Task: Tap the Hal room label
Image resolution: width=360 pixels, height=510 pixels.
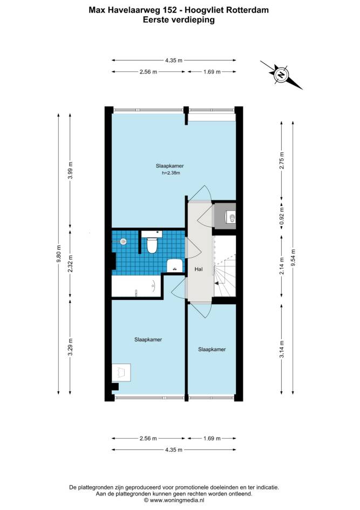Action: [x=199, y=269]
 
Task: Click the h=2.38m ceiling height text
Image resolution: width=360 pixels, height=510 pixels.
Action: [x=171, y=173]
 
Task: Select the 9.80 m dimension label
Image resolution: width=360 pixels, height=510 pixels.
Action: [x=58, y=253]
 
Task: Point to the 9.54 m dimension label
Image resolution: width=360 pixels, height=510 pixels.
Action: [x=293, y=258]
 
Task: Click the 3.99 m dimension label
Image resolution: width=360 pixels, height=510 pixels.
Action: [x=70, y=170]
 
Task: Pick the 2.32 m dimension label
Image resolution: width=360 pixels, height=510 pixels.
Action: [x=70, y=264]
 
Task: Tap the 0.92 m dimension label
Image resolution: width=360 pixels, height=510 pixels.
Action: [x=282, y=216]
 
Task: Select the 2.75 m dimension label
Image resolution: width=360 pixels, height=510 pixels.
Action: [x=282, y=160]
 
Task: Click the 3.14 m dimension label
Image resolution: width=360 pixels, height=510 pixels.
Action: [x=282, y=350]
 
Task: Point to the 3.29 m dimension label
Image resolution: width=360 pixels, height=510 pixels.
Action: [x=70, y=347]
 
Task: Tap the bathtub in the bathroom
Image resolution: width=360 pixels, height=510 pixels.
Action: [x=137, y=286]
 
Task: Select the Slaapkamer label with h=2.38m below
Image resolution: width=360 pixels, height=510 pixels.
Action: [x=169, y=166]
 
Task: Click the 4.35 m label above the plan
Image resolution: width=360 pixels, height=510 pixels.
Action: [x=174, y=60]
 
